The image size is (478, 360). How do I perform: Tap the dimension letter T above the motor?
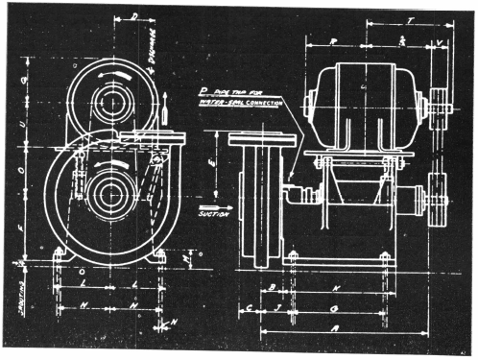[x=411, y=18]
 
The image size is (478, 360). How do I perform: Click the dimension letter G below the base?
[x=332, y=308]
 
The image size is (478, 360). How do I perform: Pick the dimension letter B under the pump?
[x=273, y=287]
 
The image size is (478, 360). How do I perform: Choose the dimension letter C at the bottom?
[x=250, y=308]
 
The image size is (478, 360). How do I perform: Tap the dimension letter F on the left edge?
[x=23, y=231]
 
